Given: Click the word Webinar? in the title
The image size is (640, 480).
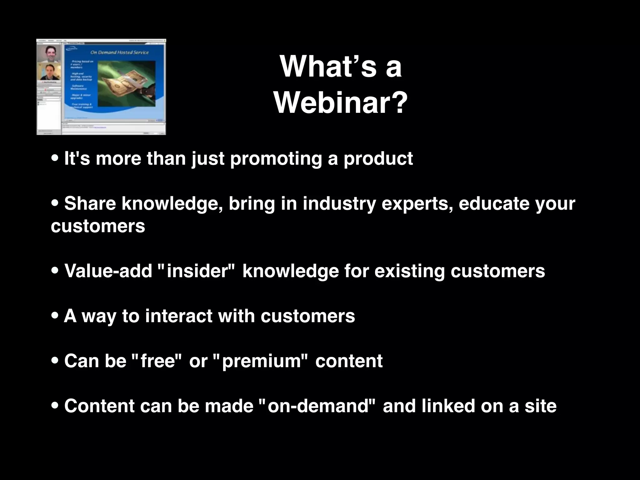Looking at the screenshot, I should pos(341,102).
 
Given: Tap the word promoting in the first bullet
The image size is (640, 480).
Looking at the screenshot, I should pos(276,159).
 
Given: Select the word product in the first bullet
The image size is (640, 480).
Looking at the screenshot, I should pos(378,159).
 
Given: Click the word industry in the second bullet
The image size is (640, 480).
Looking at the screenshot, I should pos(339,204).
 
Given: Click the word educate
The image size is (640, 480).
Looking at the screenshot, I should pos(494,204).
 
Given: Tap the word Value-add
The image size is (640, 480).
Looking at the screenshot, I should pos(108,271).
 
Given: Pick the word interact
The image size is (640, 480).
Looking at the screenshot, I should pos(179,316).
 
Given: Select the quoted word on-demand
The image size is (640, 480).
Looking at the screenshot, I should pos(319,406).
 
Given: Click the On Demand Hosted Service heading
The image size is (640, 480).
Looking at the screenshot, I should pos(119,52).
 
